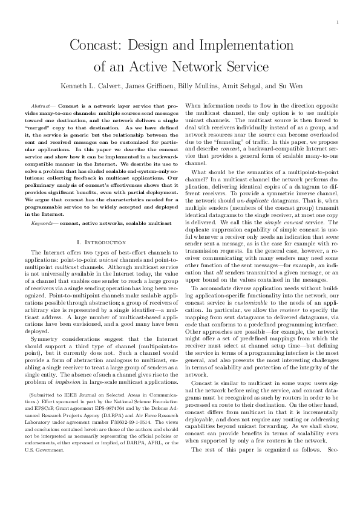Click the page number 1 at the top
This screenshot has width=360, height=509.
pos(337,22)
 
